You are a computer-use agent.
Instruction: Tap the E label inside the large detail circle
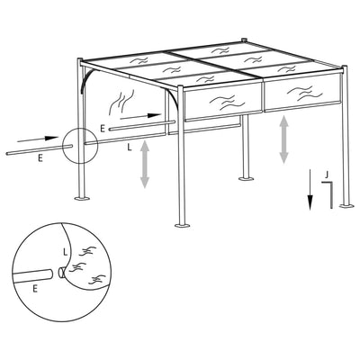pos(34,288)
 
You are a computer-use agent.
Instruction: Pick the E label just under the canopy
pos(103,130)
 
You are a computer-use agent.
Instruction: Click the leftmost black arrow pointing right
pos(37,139)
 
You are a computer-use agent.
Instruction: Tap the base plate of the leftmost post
pos(81,198)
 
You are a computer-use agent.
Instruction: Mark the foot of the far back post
pos(246,178)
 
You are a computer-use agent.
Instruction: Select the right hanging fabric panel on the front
pos(302,93)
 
